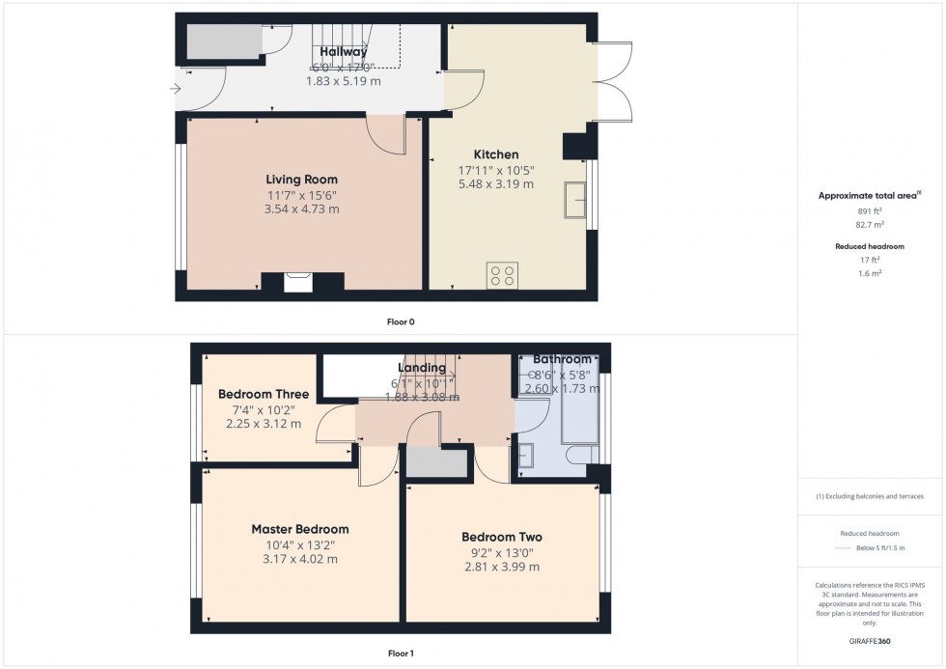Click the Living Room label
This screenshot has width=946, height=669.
tap(302, 180)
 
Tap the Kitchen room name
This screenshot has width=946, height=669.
tap(495, 154)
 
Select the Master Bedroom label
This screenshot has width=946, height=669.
tap(300, 529)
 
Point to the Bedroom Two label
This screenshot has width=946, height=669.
tap(501, 538)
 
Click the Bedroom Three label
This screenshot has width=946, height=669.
tap(264, 394)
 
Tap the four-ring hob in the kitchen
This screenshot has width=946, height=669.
tap(502, 275)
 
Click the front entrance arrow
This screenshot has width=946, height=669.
tap(174, 90)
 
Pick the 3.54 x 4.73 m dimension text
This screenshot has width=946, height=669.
tap(302, 209)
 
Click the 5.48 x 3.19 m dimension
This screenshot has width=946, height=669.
tap(495, 183)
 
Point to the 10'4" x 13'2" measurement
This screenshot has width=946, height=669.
tap(300, 544)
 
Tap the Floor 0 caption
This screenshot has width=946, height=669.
tap(399, 321)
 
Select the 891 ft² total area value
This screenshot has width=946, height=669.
tap(872, 210)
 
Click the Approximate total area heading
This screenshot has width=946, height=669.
tap(869, 195)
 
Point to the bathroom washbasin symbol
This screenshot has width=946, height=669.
tap(526, 454)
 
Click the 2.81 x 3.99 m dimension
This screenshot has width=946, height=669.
tap(501, 567)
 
